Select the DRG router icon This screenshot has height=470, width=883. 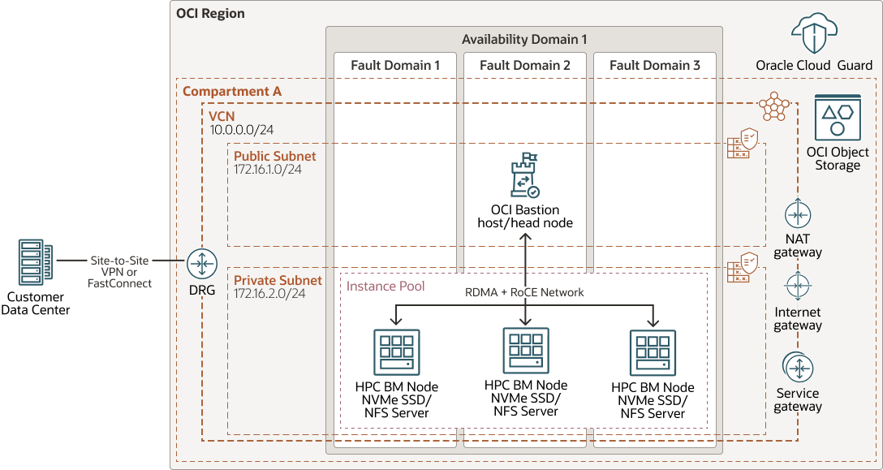[200, 264]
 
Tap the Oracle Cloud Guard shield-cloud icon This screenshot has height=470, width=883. [813, 36]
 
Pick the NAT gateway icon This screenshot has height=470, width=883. [797, 214]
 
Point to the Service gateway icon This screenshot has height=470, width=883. [797, 368]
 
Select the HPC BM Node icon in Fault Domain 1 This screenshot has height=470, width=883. [396, 351]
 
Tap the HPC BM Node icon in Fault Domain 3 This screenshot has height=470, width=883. [653, 351]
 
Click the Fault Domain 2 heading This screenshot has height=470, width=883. [524, 65]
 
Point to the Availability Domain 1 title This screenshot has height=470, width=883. [523, 39]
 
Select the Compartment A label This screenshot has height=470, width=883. [232, 92]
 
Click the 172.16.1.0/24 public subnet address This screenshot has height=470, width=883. [268, 170]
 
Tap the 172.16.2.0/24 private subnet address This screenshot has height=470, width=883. [269, 294]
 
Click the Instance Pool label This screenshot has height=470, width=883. [386, 287]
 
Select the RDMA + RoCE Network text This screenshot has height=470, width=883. [524, 292]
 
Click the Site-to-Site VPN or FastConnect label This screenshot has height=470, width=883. [119, 272]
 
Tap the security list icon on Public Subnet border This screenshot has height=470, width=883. [742, 144]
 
